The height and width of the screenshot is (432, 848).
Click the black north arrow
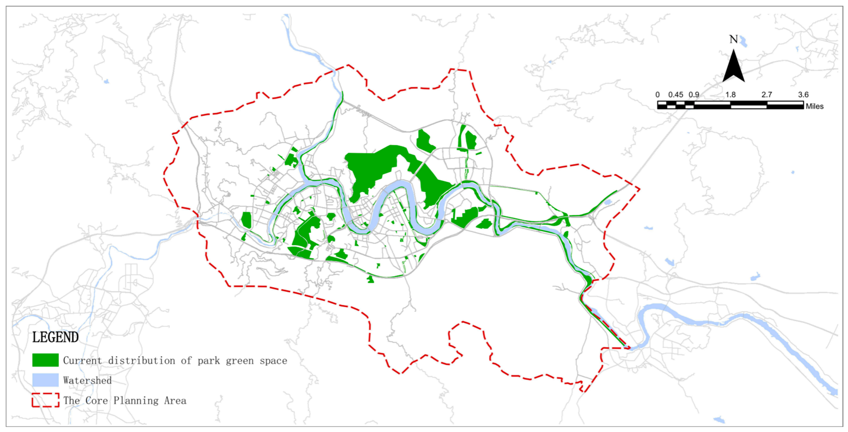(x=733, y=67)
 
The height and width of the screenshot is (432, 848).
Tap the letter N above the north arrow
(x=733, y=40)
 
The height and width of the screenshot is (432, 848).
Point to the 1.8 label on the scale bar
(x=730, y=95)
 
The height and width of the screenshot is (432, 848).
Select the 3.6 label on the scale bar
(x=803, y=95)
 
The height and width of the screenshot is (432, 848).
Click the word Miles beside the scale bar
(x=814, y=106)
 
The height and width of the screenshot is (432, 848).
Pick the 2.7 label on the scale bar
(x=767, y=95)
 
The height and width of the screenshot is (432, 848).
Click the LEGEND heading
(x=55, y=338)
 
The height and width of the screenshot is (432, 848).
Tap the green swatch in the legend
(x=45, y=360)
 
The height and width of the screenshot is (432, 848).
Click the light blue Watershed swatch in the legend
(x=45, y=380)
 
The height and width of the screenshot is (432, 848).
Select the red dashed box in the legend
(x=45, y=400)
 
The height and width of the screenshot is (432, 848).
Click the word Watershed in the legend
(x=87, y=380)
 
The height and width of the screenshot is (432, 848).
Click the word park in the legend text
(x=209, y=361)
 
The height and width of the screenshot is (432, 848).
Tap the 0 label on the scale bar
(x=657, y=95)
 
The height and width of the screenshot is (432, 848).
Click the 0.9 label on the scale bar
(x=694, y=95)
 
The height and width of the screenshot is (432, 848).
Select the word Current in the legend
(x=83, y=361)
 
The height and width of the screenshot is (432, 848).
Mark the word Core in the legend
(x=96, y=400)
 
